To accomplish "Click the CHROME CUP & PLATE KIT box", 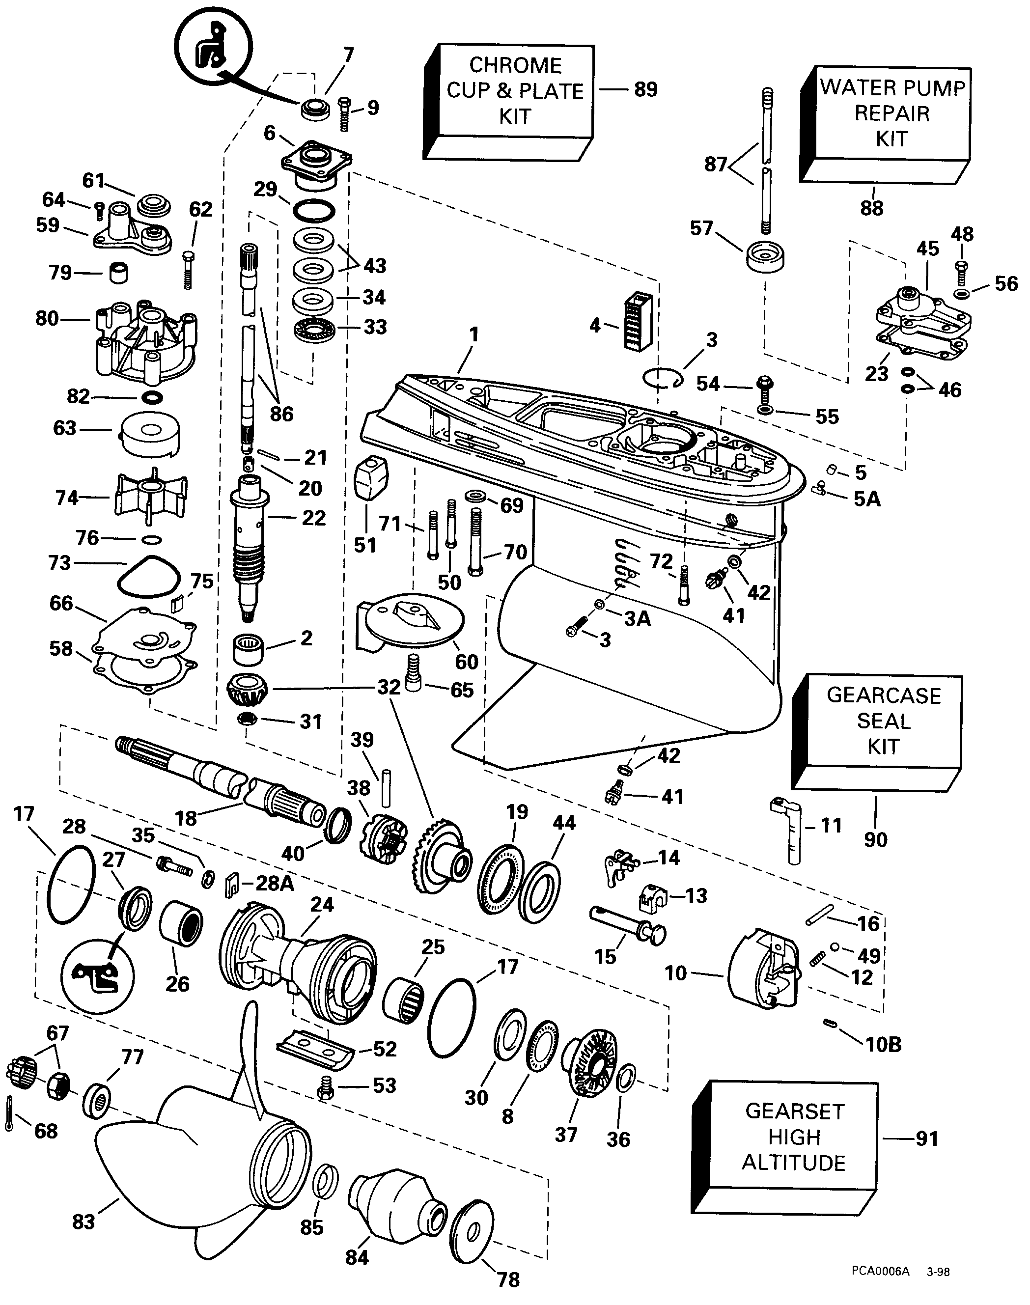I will coord(514,90).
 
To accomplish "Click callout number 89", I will coord(645,89).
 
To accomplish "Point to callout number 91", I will coord(927,1138).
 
